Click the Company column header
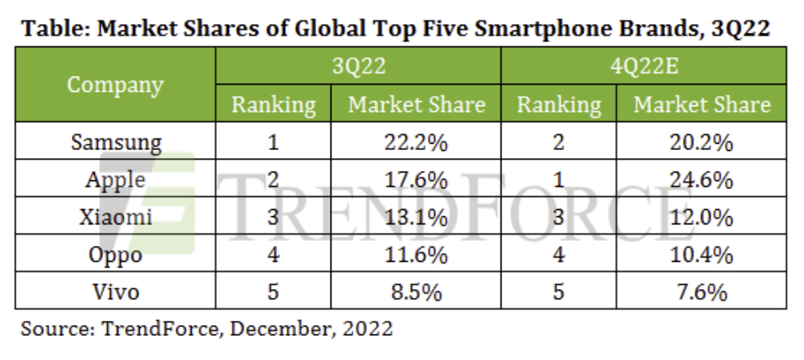point(115,85)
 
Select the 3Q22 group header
point(358,65)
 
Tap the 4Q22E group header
point(644,65)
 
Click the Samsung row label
point(115,143)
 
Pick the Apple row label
point(115,180)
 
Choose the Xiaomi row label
point(115,217)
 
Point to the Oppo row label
point(115,255)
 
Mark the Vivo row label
point(115,292)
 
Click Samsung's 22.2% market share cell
point(416,143)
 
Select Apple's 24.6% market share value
point(702,180)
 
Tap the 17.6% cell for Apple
point(416,180)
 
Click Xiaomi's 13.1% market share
point(416,217)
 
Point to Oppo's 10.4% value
point(702,255)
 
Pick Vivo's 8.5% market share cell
point(416,292)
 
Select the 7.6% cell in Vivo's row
point(702,292)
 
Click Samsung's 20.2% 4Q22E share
point(702,143)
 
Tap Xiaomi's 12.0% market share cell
point(702,217)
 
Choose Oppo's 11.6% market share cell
point(416,255)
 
